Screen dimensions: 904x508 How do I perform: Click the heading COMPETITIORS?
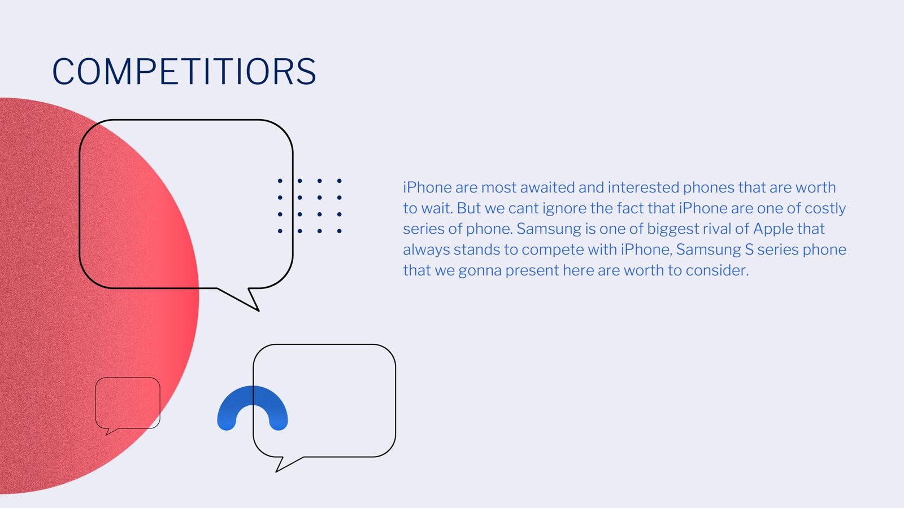coord(184,71)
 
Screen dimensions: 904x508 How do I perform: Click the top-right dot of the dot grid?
coord(340,181)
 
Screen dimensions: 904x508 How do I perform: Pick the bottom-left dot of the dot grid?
coord(280,231)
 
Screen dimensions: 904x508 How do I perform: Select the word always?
coord(426,250)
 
